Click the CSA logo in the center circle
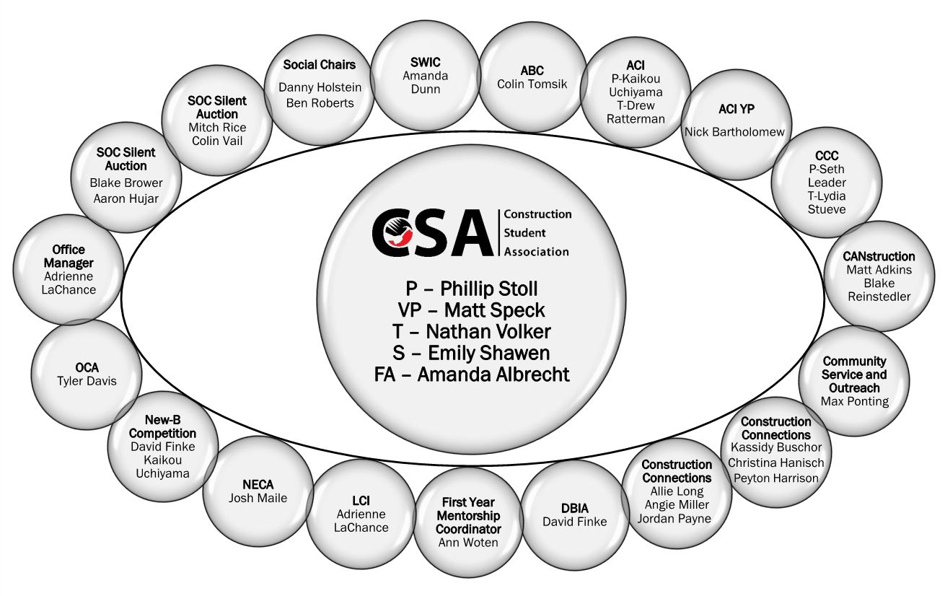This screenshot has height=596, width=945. point(472,233)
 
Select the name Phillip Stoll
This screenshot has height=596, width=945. point(489,289)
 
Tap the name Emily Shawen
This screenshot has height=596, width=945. point(489,354)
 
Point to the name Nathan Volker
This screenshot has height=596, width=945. point(488,332)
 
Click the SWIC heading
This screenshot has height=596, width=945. point(426,63)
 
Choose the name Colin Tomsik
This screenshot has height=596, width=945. point(532,84)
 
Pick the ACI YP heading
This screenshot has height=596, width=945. point(737,109)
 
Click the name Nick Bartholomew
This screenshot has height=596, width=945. point(734,132)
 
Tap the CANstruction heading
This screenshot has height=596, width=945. point(879,256)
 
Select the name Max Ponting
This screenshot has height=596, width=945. point(855,401)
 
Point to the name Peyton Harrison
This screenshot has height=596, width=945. point(775,478)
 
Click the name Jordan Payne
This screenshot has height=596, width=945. point(674,518)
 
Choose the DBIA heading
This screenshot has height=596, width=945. point(575,508)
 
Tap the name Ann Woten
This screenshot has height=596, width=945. point(468,543)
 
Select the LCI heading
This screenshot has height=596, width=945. point(361,501)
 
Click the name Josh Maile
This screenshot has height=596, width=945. point(258,498)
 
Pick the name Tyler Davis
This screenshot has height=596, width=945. point(87,381)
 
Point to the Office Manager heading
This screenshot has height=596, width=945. point(69,256)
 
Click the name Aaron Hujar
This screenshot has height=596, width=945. point(126,198)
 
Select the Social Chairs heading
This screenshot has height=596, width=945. point(320,65)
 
